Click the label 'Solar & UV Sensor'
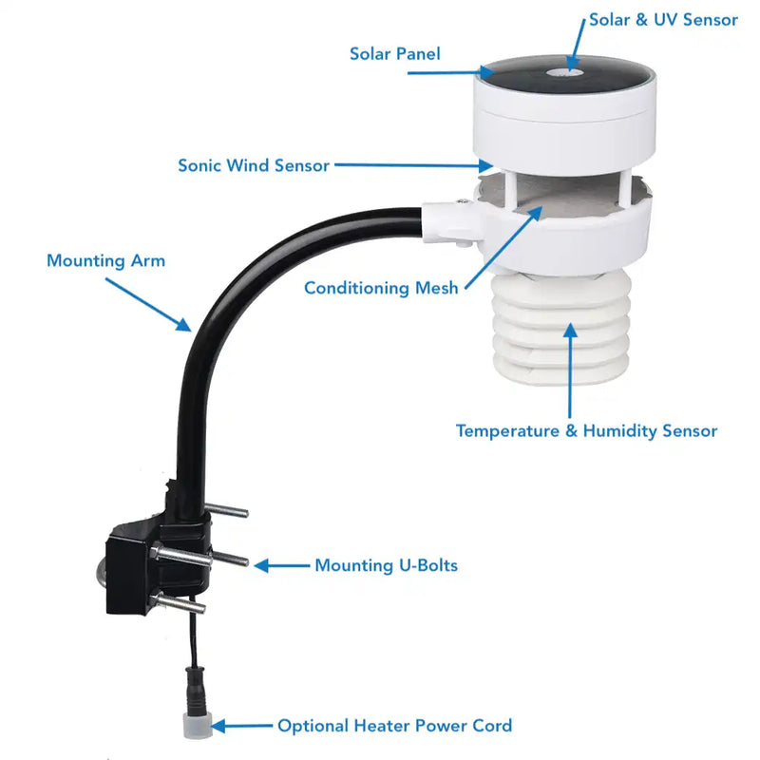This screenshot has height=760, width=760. [663, 20]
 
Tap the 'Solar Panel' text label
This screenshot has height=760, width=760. [394, 54]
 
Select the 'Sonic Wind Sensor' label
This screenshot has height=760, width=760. [254, 165]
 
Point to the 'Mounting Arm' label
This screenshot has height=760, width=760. [105, 260]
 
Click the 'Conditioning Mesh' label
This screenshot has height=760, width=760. [381, 288]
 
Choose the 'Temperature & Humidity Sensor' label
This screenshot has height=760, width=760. [586, 431]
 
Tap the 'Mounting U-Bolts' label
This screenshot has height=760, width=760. [386, 566]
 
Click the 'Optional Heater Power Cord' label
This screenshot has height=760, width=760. [394, 726]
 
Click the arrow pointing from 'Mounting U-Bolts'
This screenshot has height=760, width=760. [280, 566]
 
